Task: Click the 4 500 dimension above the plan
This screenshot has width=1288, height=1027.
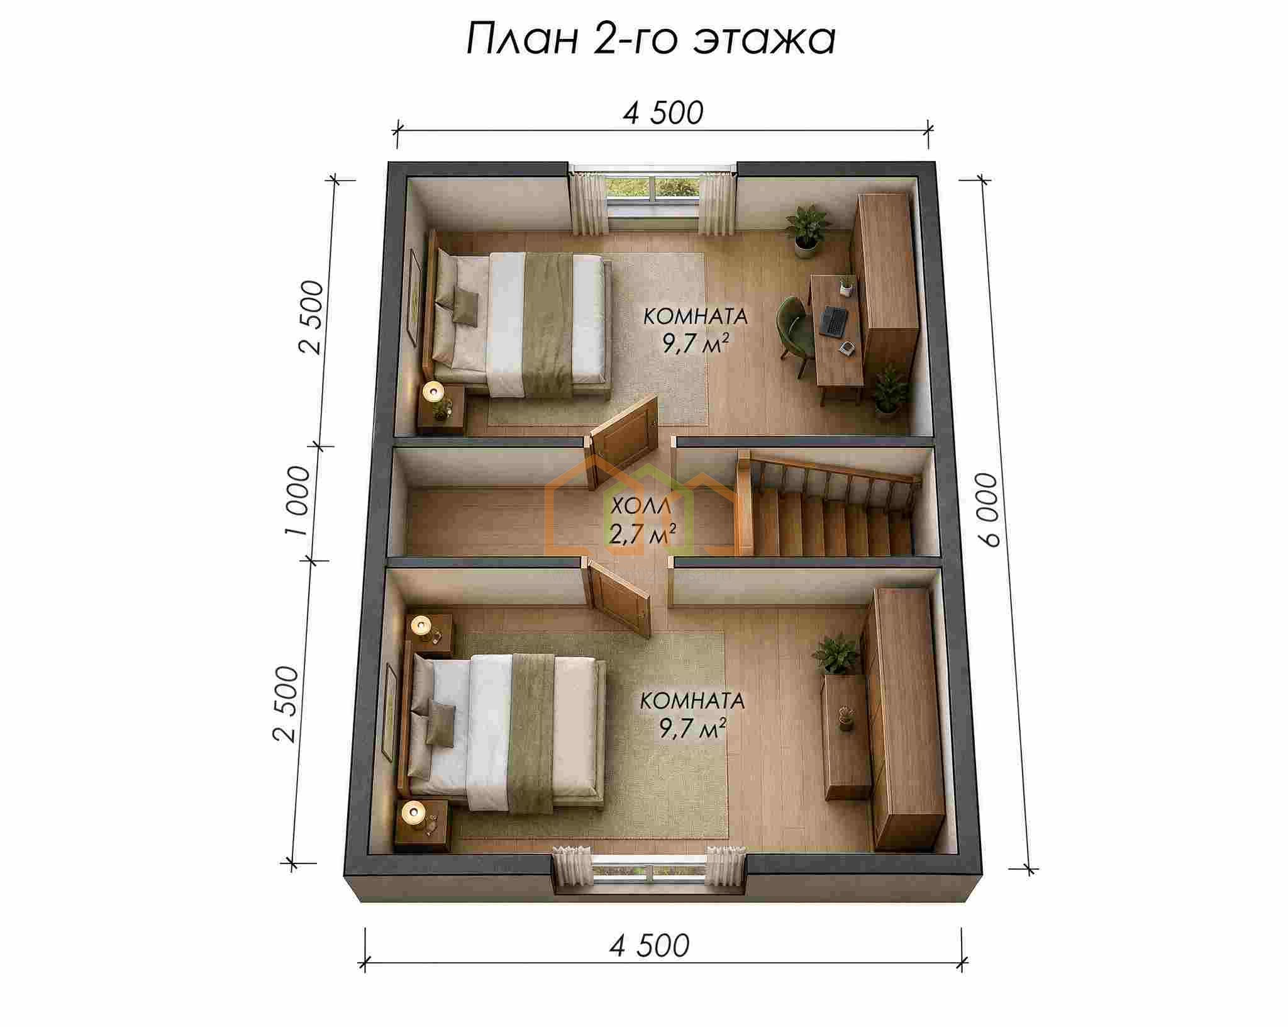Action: click(663, 113)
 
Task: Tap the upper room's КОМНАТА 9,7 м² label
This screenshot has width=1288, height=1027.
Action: click(696, 330)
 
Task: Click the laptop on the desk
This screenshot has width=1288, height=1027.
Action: click(834, 321)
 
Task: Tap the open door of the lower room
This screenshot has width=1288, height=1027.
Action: click(619, 598)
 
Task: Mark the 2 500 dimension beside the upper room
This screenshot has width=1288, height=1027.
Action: click(313, 317)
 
